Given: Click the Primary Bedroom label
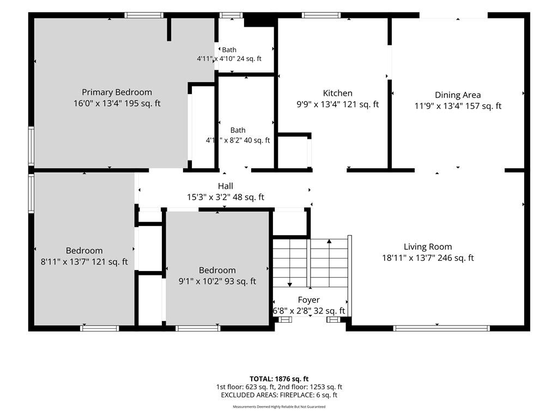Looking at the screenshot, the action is [x=117, y=93].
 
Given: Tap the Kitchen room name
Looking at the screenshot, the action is [x=337, y=93].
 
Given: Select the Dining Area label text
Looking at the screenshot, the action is [x=458, y=95].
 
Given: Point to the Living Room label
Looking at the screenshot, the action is [x=428, y=247].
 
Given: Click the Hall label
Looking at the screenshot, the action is [x=226, y=186].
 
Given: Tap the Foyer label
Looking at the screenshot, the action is [x=308, y=300].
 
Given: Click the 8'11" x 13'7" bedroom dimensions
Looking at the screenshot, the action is [x=84, y=262].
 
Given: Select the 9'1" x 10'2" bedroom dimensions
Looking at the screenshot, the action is [x=217, y=281].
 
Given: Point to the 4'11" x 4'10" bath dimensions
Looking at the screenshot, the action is [x=229, y=59].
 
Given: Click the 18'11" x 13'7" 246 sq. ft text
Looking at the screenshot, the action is [x=428, y=258].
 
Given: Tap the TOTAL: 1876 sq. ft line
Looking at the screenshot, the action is [x=279, y=379].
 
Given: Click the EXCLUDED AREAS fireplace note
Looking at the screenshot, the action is [x=279, y=395].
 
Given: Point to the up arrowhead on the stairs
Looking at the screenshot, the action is [x=329, y=241].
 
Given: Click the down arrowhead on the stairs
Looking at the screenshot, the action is [x=290, y=284].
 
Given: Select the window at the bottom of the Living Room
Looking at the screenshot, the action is [x=441, y=328].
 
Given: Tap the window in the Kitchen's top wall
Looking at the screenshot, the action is [x=321, y=15].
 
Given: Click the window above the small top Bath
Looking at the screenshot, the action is [x=231, y=15].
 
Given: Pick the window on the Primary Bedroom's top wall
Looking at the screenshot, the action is [x=144, y=15].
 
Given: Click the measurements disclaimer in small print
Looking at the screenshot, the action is [x=279, y=407].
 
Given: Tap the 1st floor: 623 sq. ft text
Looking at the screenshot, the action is [x=245, y=387].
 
